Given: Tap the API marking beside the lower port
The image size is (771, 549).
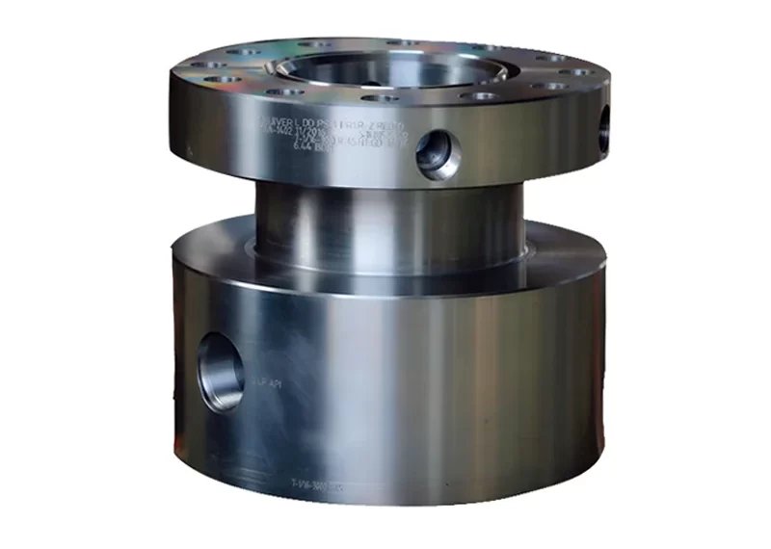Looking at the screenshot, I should (267, 383).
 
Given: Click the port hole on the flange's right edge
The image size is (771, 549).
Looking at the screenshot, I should (604, 128).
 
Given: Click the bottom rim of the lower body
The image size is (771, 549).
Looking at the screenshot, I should (385, 501).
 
